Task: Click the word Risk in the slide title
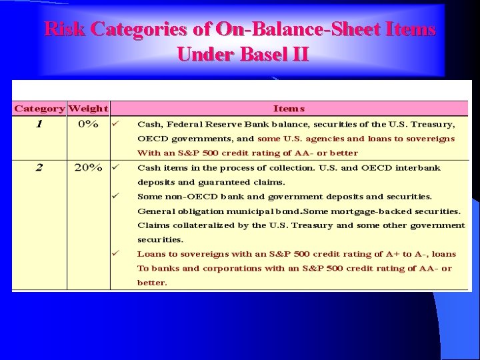64,30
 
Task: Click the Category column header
39,108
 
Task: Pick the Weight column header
88,108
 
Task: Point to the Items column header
289,108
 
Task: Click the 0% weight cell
88,124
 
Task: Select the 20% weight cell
88,167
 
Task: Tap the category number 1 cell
39,124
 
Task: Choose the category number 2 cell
39,167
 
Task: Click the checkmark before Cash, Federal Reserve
115,123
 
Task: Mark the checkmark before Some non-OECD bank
115,196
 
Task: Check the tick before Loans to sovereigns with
115,253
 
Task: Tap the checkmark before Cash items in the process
115,167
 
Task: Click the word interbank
417,168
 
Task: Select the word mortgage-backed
368,211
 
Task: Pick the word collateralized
196,225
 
